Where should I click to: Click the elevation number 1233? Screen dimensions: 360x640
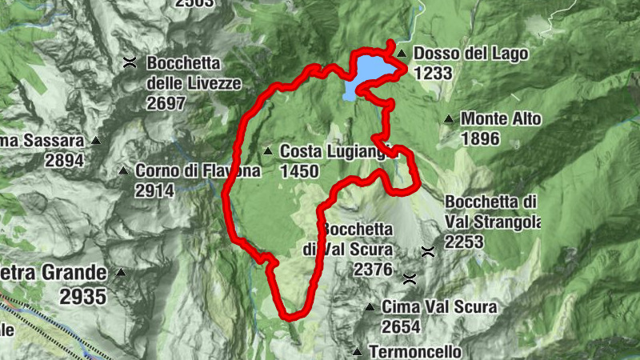tap(434, 73)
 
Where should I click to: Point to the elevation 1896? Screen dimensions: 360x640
tap(480, 138)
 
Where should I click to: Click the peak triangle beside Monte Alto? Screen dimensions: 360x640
tap(450, 120)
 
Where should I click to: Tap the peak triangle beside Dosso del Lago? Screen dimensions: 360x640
tap(402, 54)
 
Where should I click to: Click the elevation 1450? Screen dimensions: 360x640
tap(300, 170)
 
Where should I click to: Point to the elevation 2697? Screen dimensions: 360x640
tap(166, 103)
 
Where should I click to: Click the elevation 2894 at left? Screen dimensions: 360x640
tap(65, 160)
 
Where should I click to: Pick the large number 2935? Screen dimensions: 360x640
tap(83, 296)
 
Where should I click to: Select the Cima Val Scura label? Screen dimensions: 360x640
tap(439, 306)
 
